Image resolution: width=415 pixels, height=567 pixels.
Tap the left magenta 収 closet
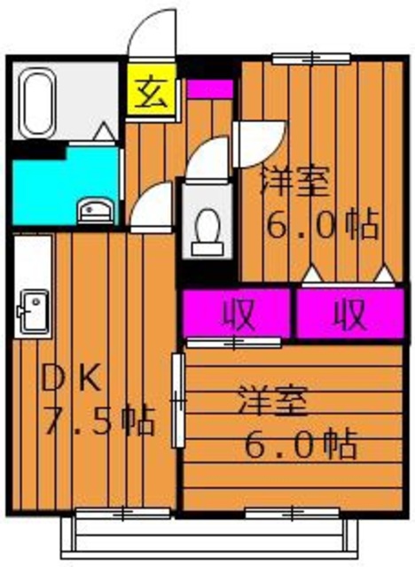coord(238,313)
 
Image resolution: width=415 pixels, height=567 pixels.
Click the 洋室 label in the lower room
coord(272,403)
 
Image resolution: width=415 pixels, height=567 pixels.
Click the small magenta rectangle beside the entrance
coord(208,89)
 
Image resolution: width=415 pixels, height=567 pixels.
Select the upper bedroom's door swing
coord(262,137)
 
